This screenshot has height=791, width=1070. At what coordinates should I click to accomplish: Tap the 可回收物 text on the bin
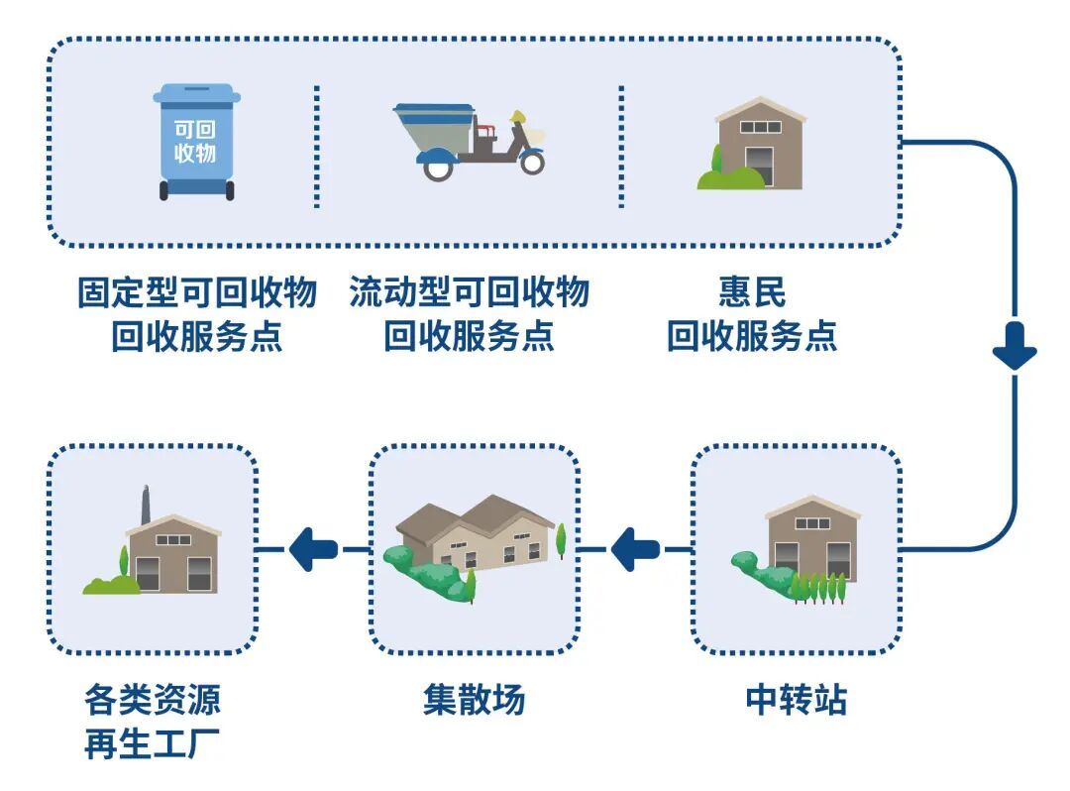pyautogui.click(x=195, y=141)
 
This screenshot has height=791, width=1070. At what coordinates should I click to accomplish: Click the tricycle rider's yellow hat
pyautogui.click(x=517, y=116)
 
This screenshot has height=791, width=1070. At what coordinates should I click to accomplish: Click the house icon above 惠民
pyautogui.click(x=759, y=143)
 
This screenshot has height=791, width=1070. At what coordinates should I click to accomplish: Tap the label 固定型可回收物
pyautogui.click(x=197, y=293)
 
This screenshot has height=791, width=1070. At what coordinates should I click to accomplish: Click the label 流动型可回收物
pyautogui.click(x=469, y=293)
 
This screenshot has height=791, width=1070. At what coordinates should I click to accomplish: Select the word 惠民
pyautogui.click(x=752, y=293)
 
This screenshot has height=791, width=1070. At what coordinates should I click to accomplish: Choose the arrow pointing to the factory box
pyautogui.click(x=313, y=548)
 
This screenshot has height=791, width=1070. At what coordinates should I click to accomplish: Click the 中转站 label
pyautogui.click(x=797, y=701)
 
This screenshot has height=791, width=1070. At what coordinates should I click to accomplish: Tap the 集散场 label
pyautogui.click(x=474, y=701)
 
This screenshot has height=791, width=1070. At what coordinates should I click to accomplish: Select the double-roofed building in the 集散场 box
pyautogui.click(x=476, y=535)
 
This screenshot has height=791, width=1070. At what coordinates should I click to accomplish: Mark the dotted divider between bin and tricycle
pyautogui.click(x=317, y=147)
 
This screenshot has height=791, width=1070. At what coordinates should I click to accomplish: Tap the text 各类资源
pyautogui.click(x=152, y=701)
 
